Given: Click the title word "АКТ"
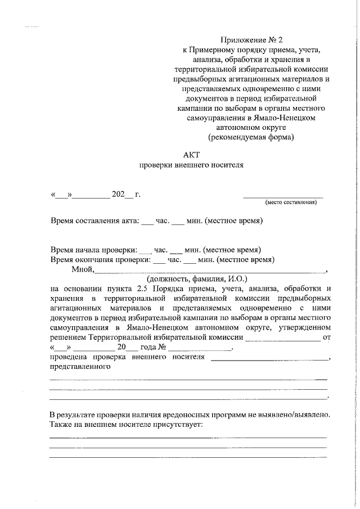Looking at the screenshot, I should point(191,154).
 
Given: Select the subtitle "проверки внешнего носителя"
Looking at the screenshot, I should point(191,165).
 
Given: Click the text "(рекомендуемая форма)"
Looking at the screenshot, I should point(251,137).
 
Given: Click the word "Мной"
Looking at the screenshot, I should point(82,269).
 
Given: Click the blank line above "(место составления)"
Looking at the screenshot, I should point(283,197).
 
